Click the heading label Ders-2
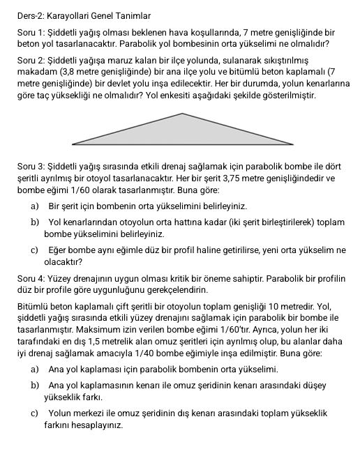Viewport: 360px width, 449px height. (x=30, y=15)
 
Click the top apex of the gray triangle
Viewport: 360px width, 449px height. (x=183, y=114)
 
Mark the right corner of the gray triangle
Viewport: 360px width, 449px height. (x=293, y=144)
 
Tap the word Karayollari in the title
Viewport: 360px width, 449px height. (x=70, y=15)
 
